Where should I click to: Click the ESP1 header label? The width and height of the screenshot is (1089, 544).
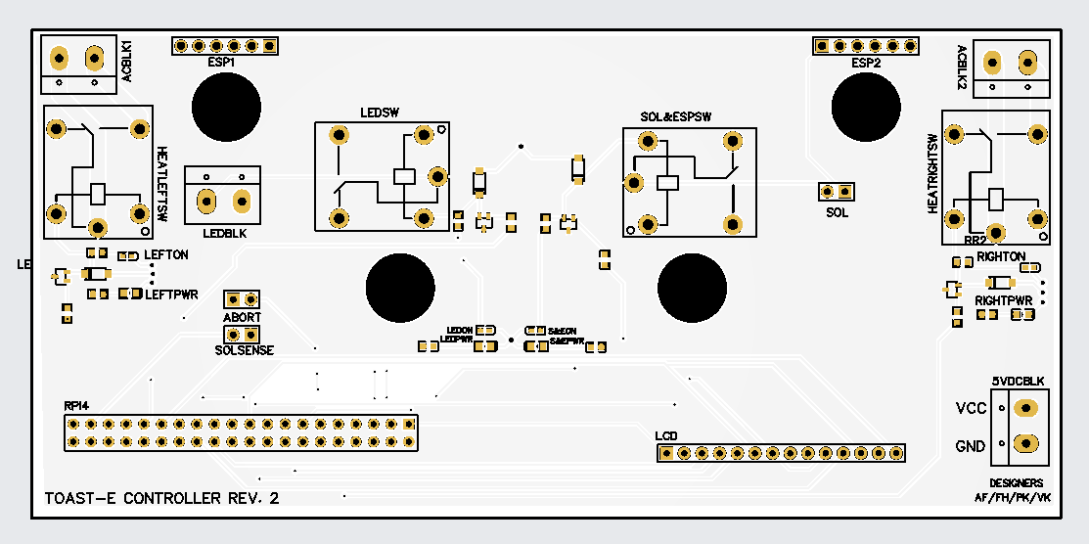pyautogui.click(x=221, y=62)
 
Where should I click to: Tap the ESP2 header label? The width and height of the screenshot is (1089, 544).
pyautogui.click(x=866, y=63)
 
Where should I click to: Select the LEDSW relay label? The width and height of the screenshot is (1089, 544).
pyautogui.click(x=380, y=112)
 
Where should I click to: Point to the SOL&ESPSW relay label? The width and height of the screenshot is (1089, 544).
pyautogui.click(x=675, y=116)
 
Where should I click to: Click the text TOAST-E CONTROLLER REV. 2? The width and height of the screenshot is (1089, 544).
pyautogui.click(x=161, y=498)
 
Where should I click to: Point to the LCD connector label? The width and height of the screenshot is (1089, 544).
pyautogui.click(x=666, y=434)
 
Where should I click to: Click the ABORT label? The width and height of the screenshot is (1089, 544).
pyautogui.click(x=242, y=318)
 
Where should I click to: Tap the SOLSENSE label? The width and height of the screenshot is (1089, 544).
pyautogui.click(x=244, y=349)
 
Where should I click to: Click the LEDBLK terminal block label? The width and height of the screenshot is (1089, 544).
pyautogui.click(x=224, y=234)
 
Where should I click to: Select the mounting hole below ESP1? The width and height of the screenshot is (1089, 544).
pyautogui.click(x=226, y=107)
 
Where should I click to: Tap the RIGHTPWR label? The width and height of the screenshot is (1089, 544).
pyautogui.click(x=1004, y=299)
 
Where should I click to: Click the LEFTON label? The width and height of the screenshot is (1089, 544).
pyautogui.click(x=166, y=254)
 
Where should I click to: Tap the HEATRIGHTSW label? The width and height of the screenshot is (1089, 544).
pyautogui.click(x=932, y=173)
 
